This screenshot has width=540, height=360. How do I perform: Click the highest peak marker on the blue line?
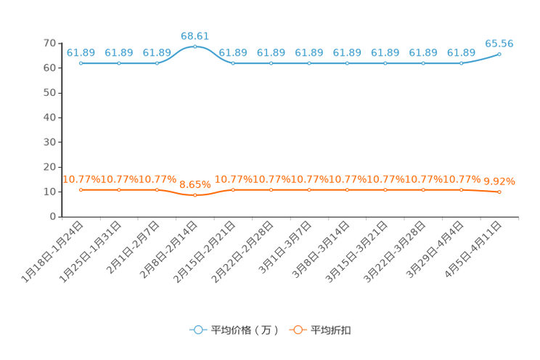(x=195, y=46)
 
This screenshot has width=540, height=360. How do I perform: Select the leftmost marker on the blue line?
(x=81, y=64)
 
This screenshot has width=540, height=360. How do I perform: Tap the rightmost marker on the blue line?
(x=499, y=54)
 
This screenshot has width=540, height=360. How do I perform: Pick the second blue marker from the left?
(x=119, y=64)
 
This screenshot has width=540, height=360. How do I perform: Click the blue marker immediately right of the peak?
(x=233, y=64)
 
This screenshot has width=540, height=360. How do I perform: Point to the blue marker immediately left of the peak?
(x=157, y=64)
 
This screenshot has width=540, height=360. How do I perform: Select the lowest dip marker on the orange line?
(x=195, y=195)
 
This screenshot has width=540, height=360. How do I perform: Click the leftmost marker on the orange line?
(x=81, y=190)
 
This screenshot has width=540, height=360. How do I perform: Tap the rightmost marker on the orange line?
(x=499, y=192)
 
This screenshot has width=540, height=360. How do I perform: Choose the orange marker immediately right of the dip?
(x=233, y=190)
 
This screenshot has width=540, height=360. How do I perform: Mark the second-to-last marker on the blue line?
(x=461, y=64)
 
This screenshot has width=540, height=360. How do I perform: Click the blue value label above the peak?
(x=195, y=35)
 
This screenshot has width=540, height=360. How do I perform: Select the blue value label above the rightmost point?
(x=499, y=44)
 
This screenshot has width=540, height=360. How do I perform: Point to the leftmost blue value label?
(x=81, y=52)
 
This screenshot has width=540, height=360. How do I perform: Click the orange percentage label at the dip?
(x=195, y=184)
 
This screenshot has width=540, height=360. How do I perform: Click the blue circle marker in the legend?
(x=197, y=330)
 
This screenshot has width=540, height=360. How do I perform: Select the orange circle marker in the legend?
(x=298, y=330)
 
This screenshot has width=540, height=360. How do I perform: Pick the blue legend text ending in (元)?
(x=245, y=330)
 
